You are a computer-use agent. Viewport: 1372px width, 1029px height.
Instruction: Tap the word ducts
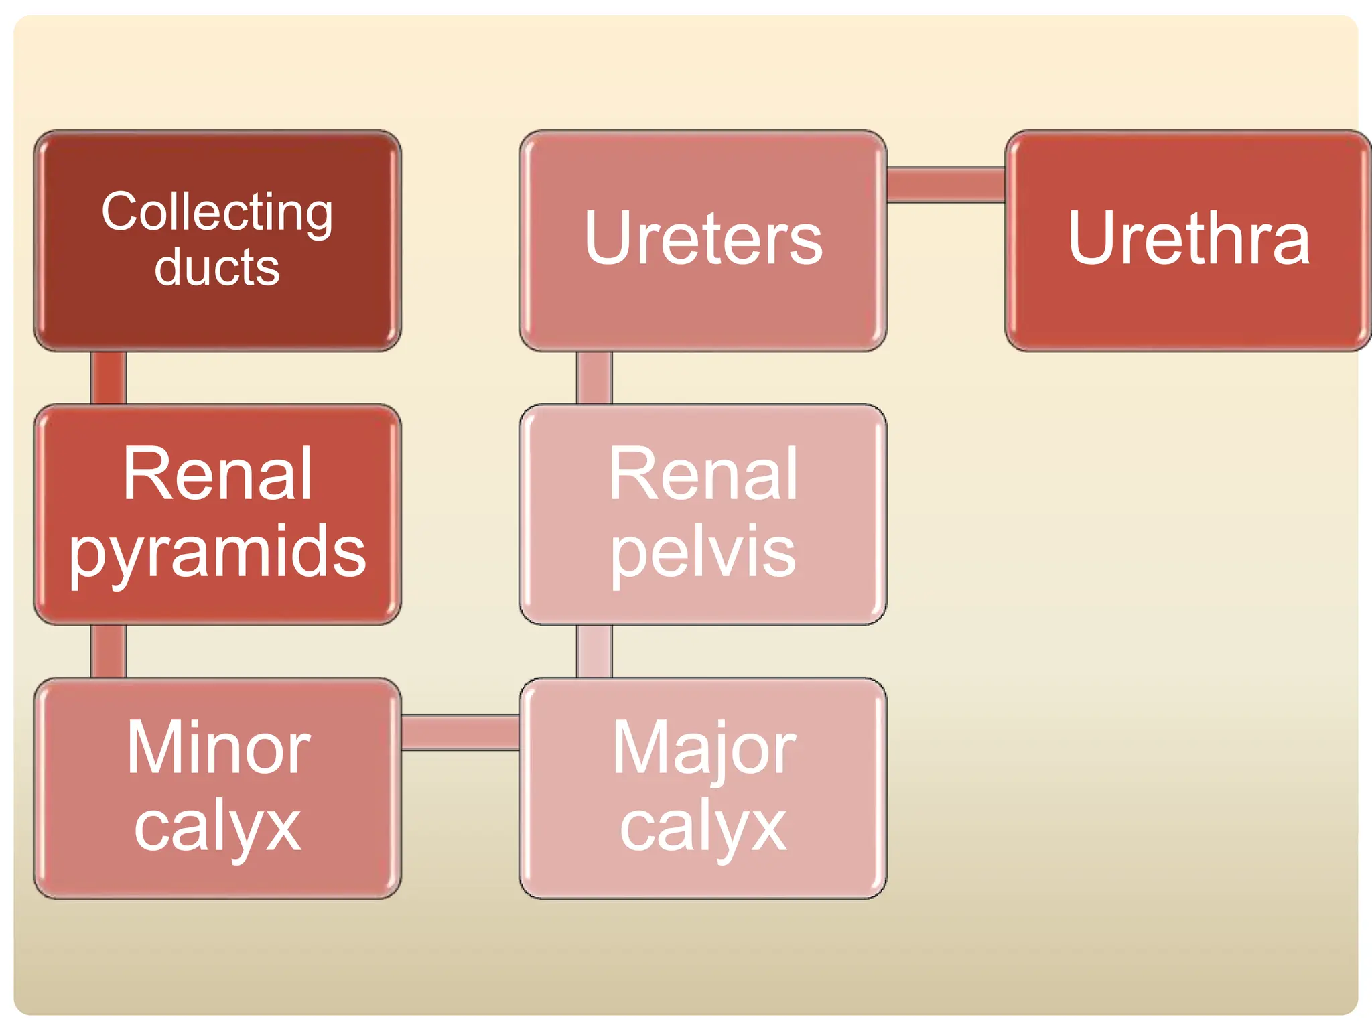217,267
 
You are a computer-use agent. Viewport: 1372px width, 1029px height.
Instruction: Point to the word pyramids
217,552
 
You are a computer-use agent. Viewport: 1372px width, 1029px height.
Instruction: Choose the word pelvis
703,552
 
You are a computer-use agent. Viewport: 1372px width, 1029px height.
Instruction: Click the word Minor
218,748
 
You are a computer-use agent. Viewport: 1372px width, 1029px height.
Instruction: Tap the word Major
703,749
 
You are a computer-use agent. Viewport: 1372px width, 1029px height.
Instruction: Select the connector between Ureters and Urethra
945,185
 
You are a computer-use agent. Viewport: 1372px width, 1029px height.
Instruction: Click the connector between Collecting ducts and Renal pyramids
109,377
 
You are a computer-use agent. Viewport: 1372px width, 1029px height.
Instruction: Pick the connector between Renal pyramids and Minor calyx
109,651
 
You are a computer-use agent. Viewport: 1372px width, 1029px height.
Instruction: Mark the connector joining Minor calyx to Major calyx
460,732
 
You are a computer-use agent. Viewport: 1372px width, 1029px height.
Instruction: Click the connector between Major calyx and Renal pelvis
594,651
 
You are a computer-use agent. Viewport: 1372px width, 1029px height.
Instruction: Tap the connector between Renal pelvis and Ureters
594,377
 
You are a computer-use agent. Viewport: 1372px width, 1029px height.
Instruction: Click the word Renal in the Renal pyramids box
217,474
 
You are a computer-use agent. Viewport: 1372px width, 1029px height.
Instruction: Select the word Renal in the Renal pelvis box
703,474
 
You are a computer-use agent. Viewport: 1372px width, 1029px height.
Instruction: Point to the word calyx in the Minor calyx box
217,827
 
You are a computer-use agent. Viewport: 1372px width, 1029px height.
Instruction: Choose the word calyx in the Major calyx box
703,827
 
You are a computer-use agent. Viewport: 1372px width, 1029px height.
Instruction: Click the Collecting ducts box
217,315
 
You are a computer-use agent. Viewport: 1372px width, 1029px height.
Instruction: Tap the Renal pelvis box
703,603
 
